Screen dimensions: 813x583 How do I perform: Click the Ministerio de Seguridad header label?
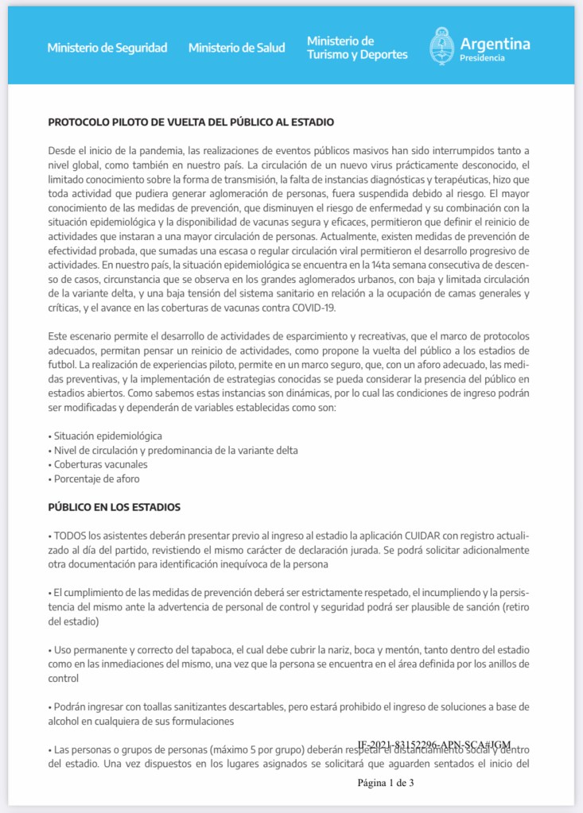(107, 48)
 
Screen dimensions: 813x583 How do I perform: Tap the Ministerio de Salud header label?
(236, 48)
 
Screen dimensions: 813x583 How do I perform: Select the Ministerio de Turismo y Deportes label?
(357, 48)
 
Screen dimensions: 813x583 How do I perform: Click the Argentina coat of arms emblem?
(441, 46)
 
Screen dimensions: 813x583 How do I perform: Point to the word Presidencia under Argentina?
(482, 58)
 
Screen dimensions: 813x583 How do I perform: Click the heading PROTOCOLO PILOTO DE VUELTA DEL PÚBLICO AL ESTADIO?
(191, 122)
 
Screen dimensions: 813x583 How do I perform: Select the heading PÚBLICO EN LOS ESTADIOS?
(115, 507)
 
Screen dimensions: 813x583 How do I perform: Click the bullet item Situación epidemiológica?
(106, 436)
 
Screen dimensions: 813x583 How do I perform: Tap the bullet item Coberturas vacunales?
(99, 465)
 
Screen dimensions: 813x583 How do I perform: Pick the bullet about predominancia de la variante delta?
(174, 451)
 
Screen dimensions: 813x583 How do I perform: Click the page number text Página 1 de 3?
(386, 783)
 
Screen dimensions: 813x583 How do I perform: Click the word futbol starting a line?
(63, 365)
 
